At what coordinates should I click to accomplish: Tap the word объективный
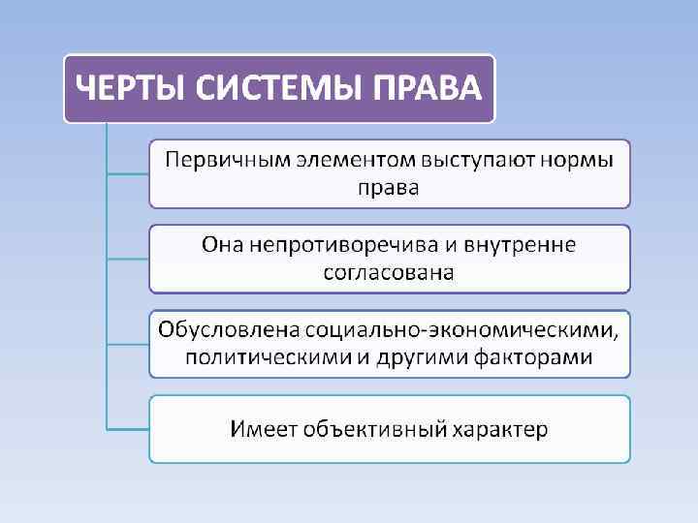point(369,428)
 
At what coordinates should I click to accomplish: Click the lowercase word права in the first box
point(389,187)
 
